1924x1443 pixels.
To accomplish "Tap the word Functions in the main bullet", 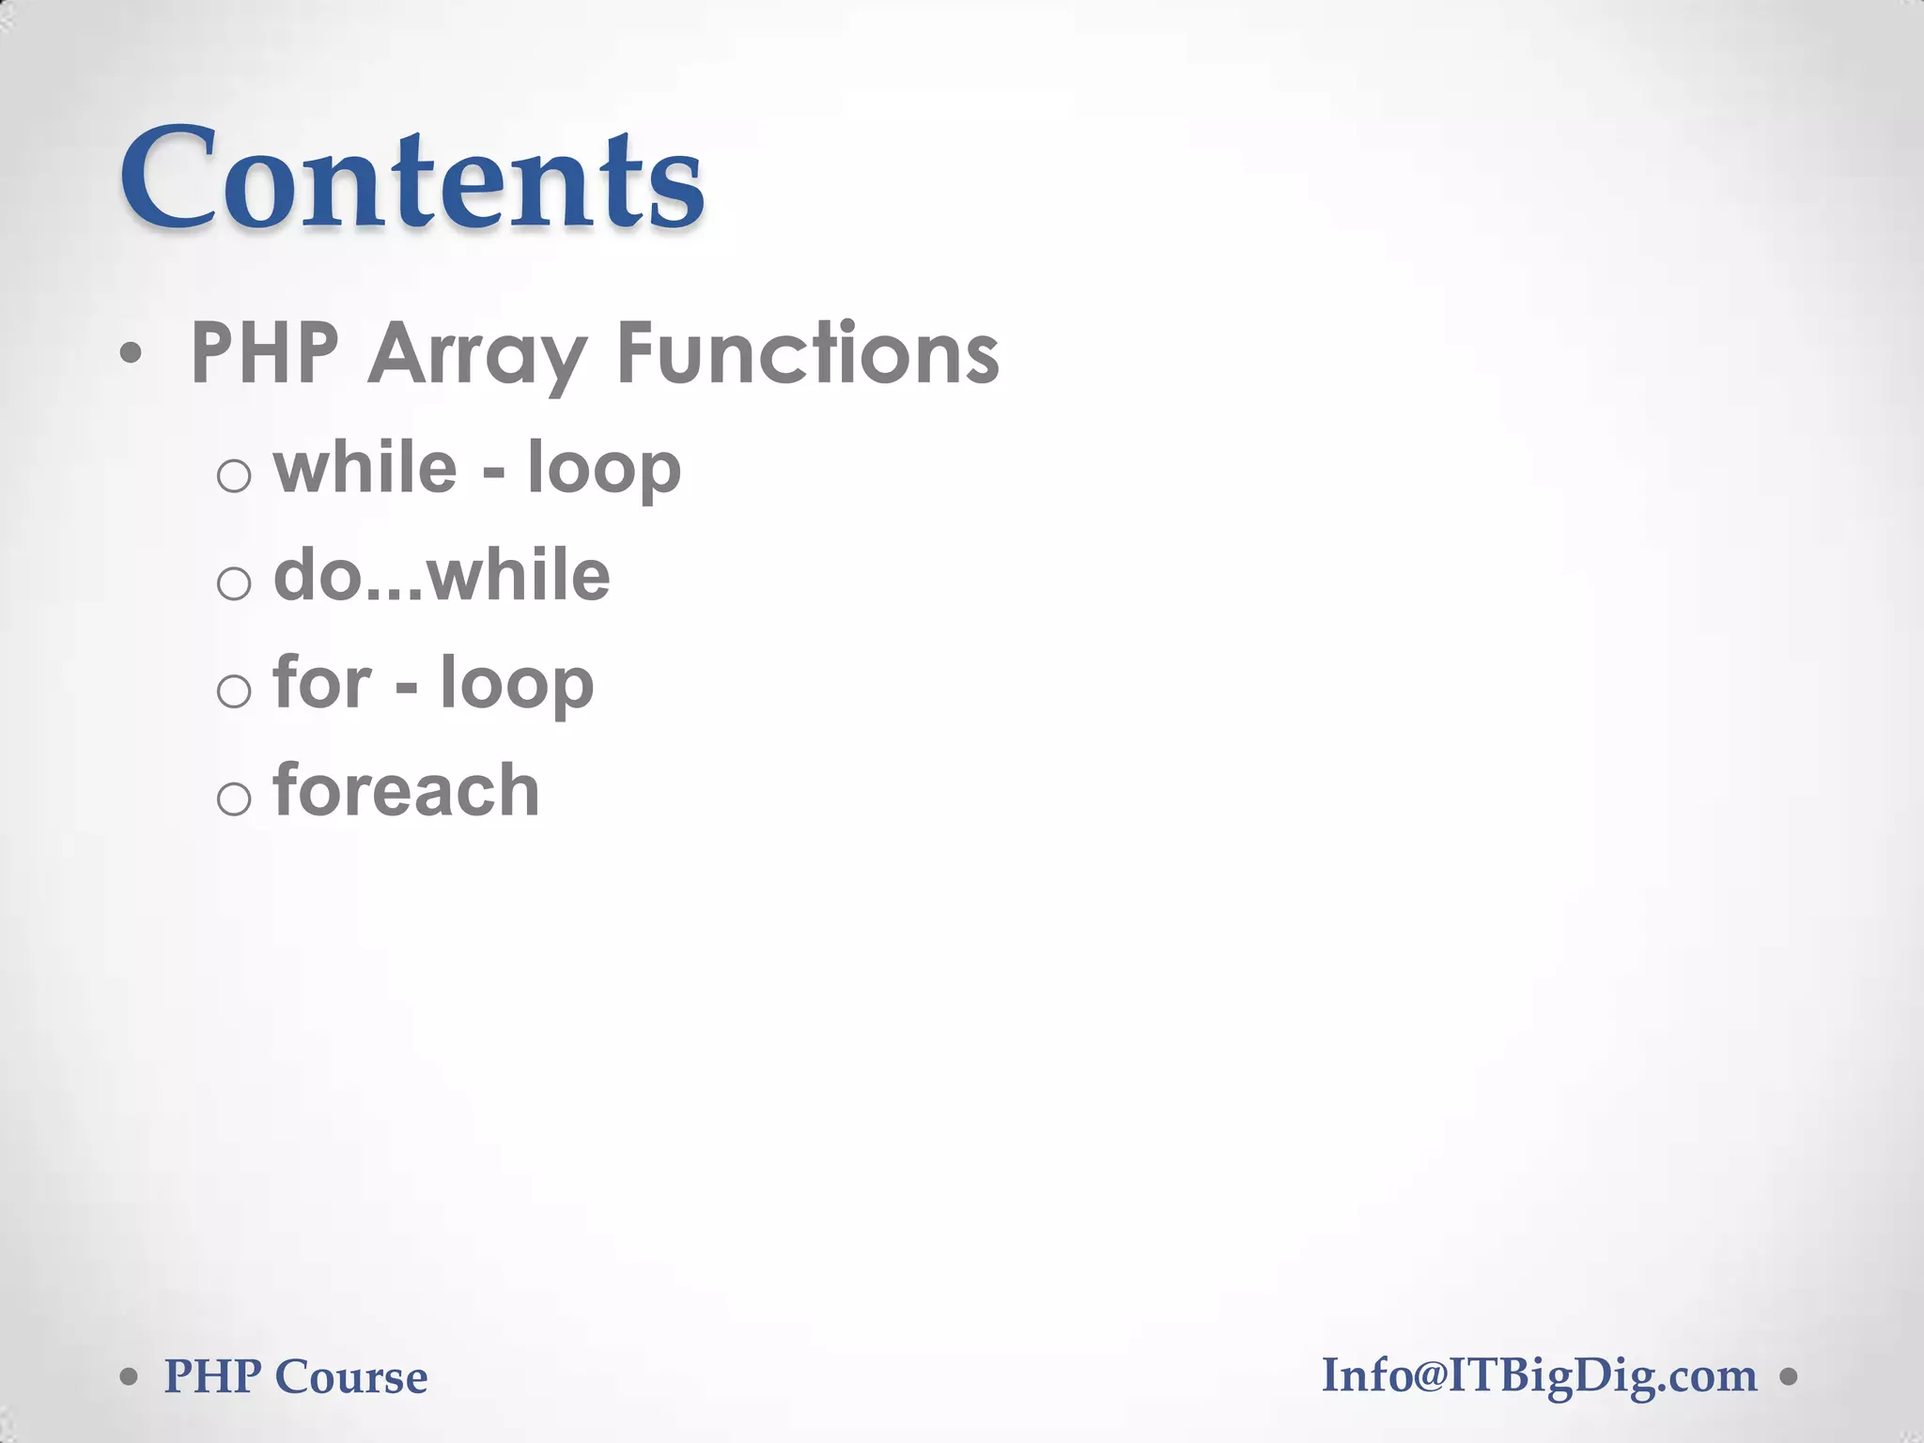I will [808, 354].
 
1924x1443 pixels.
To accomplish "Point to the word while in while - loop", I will [365, 467].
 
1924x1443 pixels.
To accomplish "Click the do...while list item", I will [442, 575].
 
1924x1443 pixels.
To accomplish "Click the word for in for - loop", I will [322, 682].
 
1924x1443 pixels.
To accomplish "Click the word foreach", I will [406, 790].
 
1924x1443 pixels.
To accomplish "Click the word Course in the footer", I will [351, 1377].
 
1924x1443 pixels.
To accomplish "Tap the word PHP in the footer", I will [212, 1377].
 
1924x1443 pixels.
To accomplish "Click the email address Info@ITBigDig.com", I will [1539, 1377].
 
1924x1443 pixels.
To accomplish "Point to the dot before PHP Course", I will [130, 1378].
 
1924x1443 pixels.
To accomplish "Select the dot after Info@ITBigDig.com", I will [1789, 1378].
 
